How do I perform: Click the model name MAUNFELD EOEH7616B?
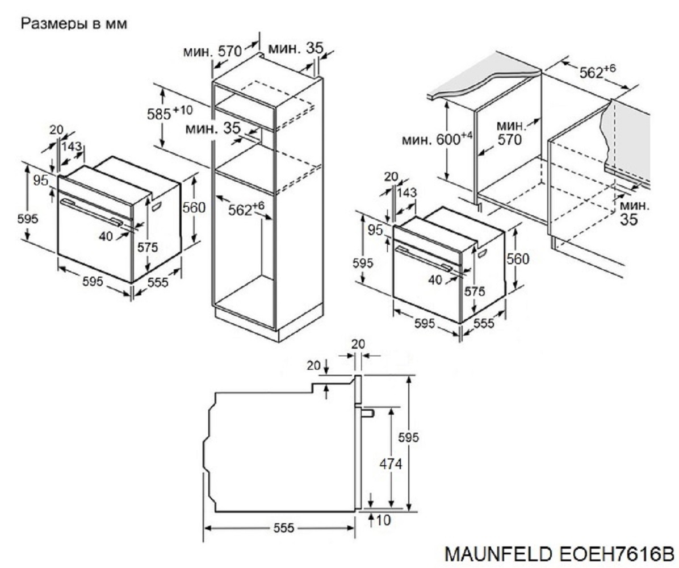pyautogui.click(x=559, y=553)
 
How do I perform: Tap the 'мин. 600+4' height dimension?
pyautogui.click(x=438, y=139)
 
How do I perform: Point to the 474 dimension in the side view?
pyautogui.click(x=391, y=464)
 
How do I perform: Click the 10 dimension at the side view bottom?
pyautogui.click(x=384, y=520)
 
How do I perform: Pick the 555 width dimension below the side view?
pyautogui.click(x=283, y=529)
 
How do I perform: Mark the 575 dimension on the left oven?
pyautogui.click(x=146, y=247)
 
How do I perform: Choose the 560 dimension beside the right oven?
pyautogui.click(x=517, y=259)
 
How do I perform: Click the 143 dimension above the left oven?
pyautogui.click(x=72, y=147)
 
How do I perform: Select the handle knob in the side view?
pyautogui.click(x=367, y=412)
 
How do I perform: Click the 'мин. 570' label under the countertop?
pyautogui.click(x=509, y=132)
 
